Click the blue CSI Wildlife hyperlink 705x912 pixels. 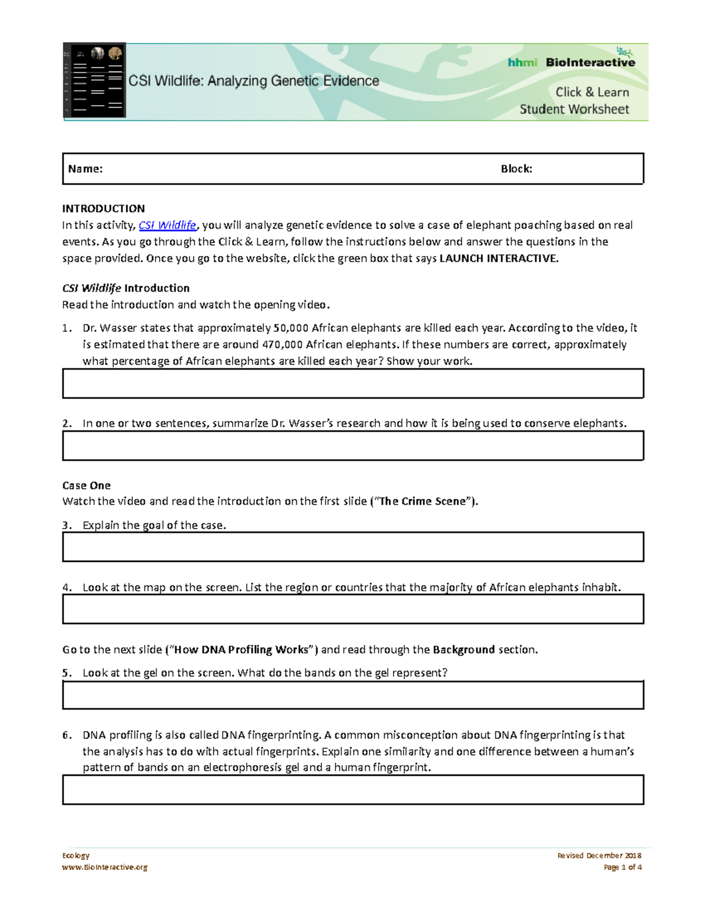pos(167,225)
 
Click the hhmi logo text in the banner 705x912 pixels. pos(522,62)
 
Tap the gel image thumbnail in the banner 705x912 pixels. pos(95,80)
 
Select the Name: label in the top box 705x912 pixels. pos(85,169)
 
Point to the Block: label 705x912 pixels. pos(516,169)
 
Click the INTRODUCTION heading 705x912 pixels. pos(103,208)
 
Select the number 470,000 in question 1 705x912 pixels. pos(282,344)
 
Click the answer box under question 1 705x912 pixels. pos(352,383)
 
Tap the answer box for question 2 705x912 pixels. pos(352,446)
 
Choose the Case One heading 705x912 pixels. pos(86,486)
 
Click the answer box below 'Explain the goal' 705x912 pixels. pos(352,547)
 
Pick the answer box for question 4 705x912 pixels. pos(352,609)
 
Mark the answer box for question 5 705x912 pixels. pos(352,695)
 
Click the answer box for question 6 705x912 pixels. pos(352,789)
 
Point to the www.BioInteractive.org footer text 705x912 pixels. pos(105,867)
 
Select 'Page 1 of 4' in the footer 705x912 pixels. pos(622,867)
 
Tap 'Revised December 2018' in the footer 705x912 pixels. pos(599,856)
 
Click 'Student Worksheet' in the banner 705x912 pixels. pos(574,109)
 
